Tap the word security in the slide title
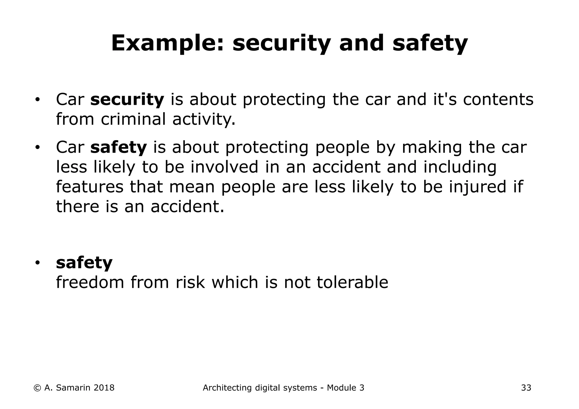(x=281, y=44)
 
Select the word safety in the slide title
(x=430, y=44)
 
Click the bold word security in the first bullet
(x=127, y=99)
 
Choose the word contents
(x=498, y=99)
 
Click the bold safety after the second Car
(x=118, y=147)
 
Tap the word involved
(x=224, y=167)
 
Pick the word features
(x=90, y=187)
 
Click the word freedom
(x=90, y=282)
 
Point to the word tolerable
(x=352, y=282)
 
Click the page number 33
(x=526, y=388)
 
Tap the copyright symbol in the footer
(x=37, y=388)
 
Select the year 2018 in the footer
(x=104, y=388)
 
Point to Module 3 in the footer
(x=345, y=388)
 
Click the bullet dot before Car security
(x=37, y=100)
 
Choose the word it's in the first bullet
(x=445, y=99)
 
